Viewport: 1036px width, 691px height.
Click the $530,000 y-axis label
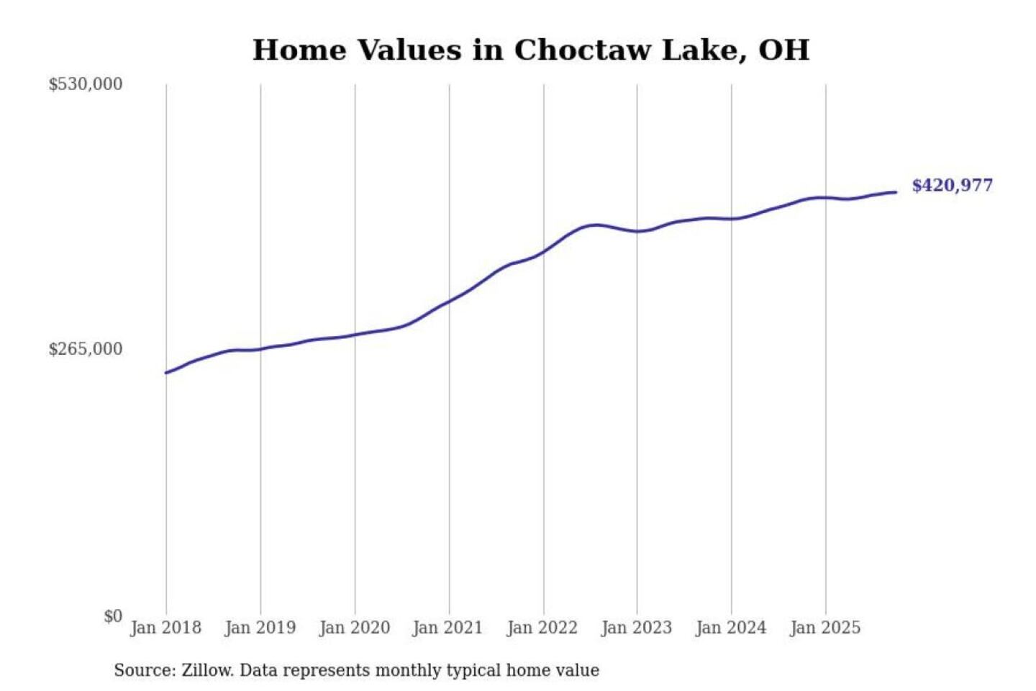[86, 84]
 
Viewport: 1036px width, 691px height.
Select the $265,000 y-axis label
[86, 349]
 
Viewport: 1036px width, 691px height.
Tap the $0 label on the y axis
[113, 616]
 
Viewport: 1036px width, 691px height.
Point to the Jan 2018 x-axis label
[166, 628]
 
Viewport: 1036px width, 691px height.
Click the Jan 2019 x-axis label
[260, 628]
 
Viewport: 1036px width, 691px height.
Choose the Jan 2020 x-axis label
[355, 628]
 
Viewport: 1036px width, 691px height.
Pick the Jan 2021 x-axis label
[448, 628]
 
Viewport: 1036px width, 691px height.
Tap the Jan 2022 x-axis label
[542, 628]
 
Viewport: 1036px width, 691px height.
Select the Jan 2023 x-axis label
[637, 628]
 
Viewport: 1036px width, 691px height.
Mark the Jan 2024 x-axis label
[731, 628]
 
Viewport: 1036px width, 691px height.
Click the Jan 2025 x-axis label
[825, 628]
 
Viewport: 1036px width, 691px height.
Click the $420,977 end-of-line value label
[952, 186]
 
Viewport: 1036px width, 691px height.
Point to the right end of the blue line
[896, 192]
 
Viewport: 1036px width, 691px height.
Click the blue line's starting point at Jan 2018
[166, 373]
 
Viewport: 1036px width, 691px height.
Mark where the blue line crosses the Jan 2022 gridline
[544, 252]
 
